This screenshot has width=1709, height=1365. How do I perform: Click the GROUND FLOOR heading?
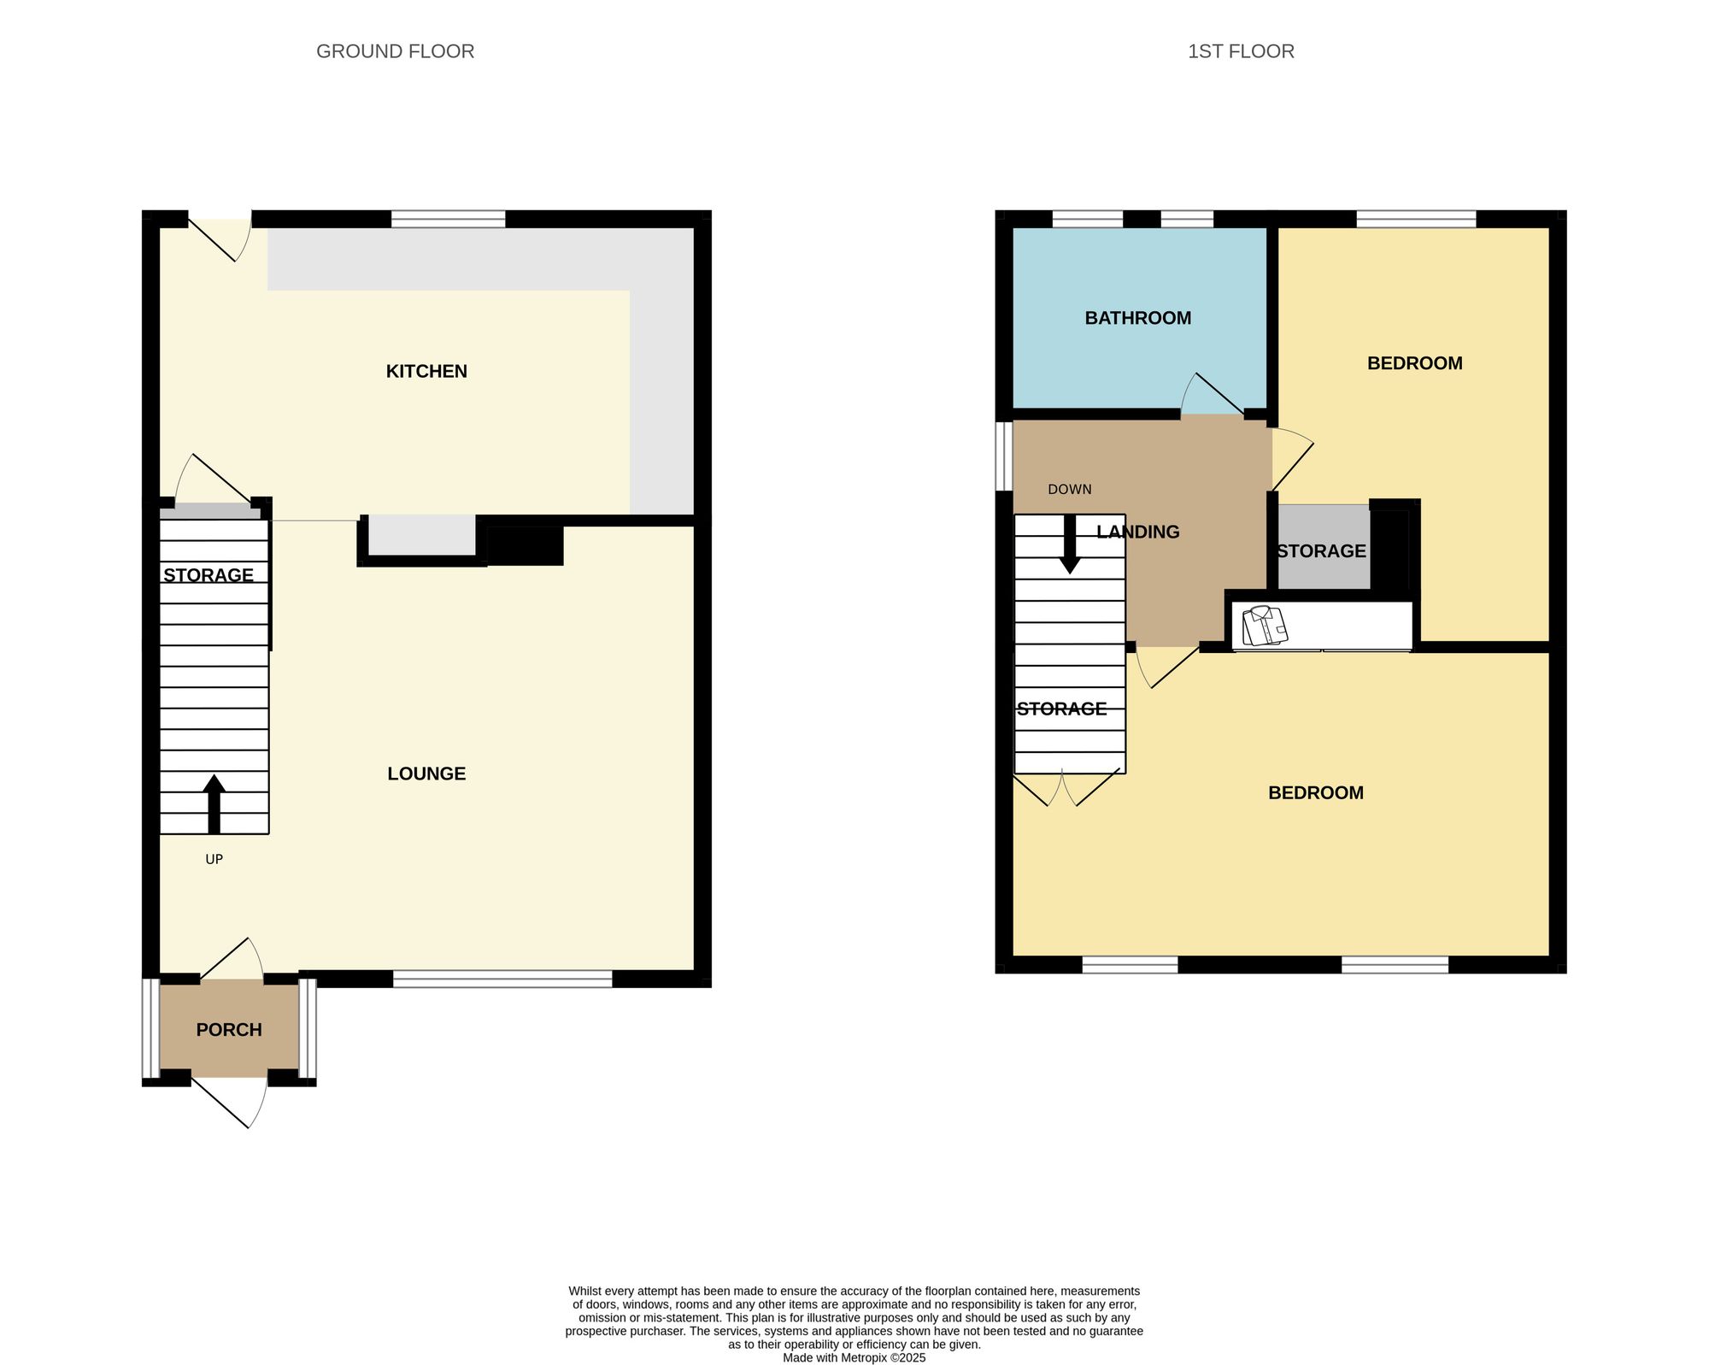[x=395, y=51]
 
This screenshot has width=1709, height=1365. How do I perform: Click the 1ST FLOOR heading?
[x=1241, y=51]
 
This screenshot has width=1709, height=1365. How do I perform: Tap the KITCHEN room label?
[x=426, y=371]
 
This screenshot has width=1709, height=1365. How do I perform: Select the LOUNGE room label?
[x=426, y=774]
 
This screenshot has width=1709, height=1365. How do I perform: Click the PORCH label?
[x=229, y=1030]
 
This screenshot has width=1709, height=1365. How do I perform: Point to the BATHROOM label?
[x=1137, y=318]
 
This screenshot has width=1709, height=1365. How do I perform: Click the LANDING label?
[x=1137, y=532]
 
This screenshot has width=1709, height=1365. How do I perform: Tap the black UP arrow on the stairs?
[x=214, y=803]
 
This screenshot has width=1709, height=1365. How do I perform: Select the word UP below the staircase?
[x=214, y=859]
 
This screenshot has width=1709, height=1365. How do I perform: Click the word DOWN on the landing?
[x=1069, y=490]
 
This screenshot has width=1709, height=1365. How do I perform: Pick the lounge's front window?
[x=502, y=979]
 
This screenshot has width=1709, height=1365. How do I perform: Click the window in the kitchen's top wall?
[x=448, y=219]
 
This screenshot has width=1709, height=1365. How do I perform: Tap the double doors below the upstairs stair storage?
[x=1066, y=788]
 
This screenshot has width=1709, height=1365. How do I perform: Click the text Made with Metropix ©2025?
[x=854, y=1357]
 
